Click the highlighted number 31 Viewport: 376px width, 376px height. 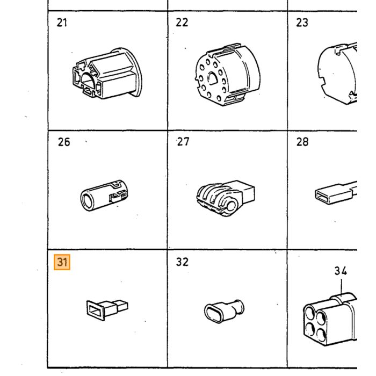[62, 262]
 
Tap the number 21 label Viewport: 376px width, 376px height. [62, 23]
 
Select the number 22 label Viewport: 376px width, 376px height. [182, 23]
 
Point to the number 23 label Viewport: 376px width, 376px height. [302, 23]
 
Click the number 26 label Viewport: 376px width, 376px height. [64, 142]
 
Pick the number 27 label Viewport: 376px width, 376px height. [183, 142]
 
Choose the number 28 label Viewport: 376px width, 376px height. [302, 142]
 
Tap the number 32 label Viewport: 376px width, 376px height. [182, 262]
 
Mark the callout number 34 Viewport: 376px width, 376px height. [341, 271]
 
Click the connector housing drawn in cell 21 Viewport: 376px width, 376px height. [107, 74]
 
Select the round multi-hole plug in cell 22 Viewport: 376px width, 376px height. [228, 75]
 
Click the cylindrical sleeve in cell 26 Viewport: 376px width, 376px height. [104, 196]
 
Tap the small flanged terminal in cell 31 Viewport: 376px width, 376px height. [107, 310]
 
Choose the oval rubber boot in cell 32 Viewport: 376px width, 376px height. [224, 311]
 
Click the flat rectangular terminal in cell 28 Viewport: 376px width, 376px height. [336, 193]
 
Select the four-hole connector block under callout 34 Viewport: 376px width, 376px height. [330, 320]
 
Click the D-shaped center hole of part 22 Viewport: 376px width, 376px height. [213, 78]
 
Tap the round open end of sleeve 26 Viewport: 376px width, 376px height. [86, 200]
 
